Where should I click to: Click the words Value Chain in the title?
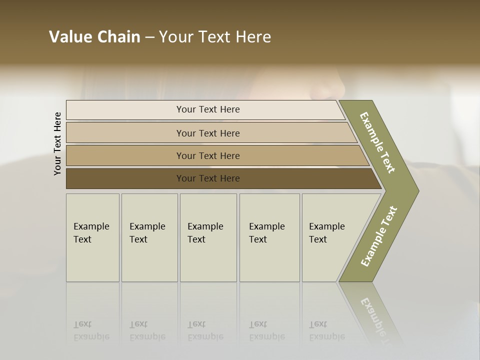(94, 37)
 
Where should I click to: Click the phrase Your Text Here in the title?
(215, 37)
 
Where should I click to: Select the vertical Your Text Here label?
(58, 143)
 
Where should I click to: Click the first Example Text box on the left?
(92, 237)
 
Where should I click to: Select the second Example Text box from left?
(149, 237)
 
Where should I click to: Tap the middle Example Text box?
(208, 237)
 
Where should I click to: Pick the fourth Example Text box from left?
(269, 237)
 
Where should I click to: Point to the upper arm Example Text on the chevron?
(377, 143)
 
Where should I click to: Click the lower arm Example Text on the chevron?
(379, 236)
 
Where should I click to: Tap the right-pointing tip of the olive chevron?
(414, 191)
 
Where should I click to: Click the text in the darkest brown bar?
(208, 178)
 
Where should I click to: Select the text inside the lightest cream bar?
(208, 109)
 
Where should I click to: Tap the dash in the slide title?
(149, 37)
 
